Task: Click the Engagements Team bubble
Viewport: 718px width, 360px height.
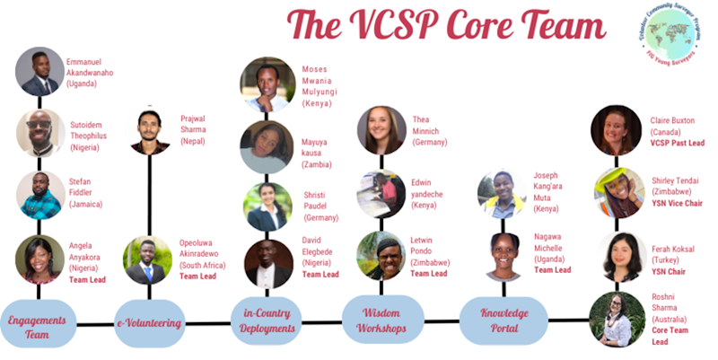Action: (38, 324)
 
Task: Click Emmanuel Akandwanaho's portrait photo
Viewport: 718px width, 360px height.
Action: (39, 71)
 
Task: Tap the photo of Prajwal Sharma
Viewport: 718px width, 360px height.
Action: (150, 131)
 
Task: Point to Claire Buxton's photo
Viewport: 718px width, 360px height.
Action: (617, 129)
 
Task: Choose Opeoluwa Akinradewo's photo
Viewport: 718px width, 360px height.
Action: (147, 259)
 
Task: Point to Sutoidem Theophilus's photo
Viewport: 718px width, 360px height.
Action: (39, 133)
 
